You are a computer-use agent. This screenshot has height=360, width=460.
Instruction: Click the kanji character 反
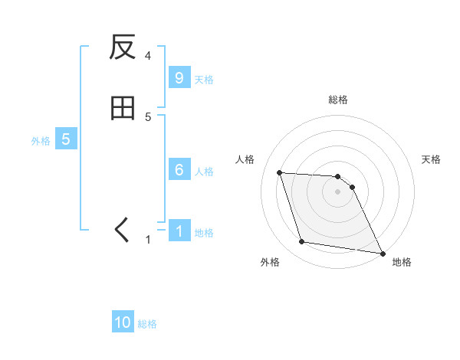(123, 48)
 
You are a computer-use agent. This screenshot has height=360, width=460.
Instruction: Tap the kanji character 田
(123, 109)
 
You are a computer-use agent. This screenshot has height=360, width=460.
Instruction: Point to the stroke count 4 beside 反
(148, 56)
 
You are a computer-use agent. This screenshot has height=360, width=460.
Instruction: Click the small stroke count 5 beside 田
(148, 116)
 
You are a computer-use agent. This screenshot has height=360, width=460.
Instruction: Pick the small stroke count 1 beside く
(148, 240)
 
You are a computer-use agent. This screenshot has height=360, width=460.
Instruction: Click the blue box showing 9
(179, 78)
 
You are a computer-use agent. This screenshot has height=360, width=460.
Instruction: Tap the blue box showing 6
(179, 170)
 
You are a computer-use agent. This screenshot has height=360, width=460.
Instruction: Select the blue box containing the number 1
(179, 231)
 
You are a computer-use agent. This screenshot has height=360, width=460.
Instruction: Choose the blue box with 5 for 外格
(66, 139)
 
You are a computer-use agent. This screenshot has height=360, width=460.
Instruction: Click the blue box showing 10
(123, 323)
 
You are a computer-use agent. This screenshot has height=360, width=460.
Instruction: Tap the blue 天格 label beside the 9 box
(204, 80)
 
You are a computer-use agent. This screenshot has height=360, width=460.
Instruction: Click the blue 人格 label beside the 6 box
(204, 172)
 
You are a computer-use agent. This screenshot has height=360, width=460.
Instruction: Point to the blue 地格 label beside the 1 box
(204, 233)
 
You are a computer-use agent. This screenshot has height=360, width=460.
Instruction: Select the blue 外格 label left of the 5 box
(41, 141)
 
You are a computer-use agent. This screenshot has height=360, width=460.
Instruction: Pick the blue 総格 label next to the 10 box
(147, 325)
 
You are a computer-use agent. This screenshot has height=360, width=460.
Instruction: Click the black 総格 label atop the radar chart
(338, 100)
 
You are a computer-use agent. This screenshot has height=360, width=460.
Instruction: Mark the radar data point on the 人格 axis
(279, 172)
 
